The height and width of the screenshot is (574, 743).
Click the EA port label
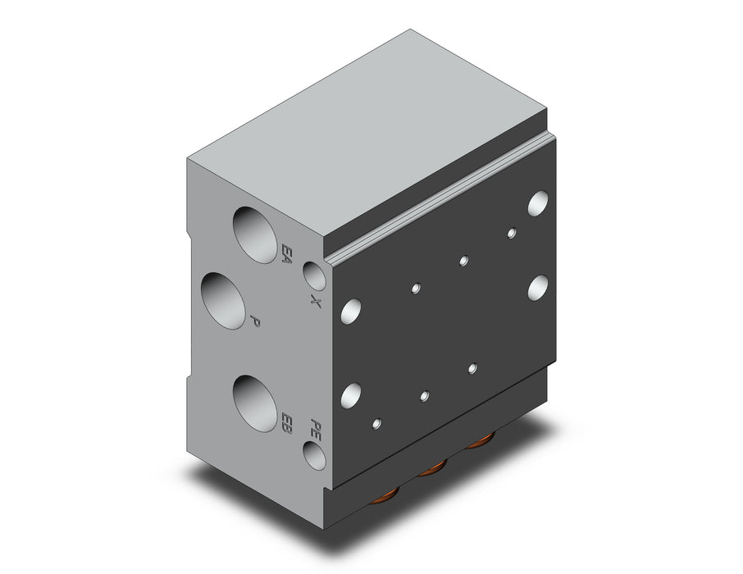pos(286,253)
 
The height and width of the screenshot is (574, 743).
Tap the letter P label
pos(255,321)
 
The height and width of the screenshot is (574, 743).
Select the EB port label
pos(286,423)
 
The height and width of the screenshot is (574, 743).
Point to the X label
pos(316,300)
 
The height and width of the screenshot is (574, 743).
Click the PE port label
pos(316,430)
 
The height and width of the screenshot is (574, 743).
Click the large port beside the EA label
pos(255,235)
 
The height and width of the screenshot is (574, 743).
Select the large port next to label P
pos(224,300)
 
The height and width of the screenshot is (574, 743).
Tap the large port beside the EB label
pos(255,403)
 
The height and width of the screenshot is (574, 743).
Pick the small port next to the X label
pos(314,276)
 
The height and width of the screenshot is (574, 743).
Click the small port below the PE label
pos(314,455)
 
